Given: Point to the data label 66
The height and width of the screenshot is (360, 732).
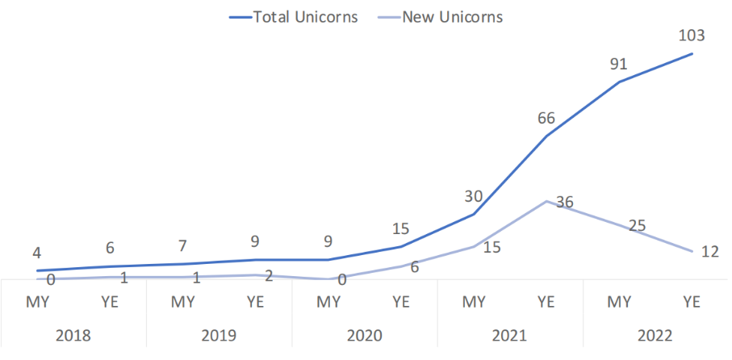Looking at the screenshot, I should pyautogui.click(x=546, y=119).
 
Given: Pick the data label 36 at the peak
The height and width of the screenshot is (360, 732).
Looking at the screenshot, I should pyautogui.click(x=564, y=203).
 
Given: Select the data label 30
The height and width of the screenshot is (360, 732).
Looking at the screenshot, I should pyautogui.click(x=474, y=196).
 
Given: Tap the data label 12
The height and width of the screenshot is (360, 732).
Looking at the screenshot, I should pyautogui.click(x=709, y=252).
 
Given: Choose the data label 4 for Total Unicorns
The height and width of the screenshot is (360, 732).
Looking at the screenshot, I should pyautogui.click(x=37, y=253).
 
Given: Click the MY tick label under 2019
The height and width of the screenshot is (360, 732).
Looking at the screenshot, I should pyautogui.click(x=183, y=303).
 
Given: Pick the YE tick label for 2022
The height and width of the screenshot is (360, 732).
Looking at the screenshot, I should pyautogui.click(x=692, y=303).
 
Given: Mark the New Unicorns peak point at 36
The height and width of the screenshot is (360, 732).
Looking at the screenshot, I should pyautogui.click(x=546, y=201).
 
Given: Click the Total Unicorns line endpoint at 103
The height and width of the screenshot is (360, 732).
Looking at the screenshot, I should pyautogui.click(x=692, y=54).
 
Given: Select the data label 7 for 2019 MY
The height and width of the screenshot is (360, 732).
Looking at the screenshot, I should pyautogui.click(x=183, y=246).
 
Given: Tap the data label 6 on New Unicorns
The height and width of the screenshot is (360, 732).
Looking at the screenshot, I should pyautogui.click(x=415, y=267).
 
